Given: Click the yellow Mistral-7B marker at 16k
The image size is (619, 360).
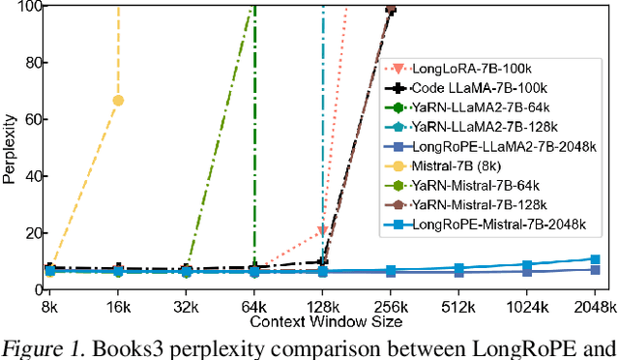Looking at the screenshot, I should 118,101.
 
